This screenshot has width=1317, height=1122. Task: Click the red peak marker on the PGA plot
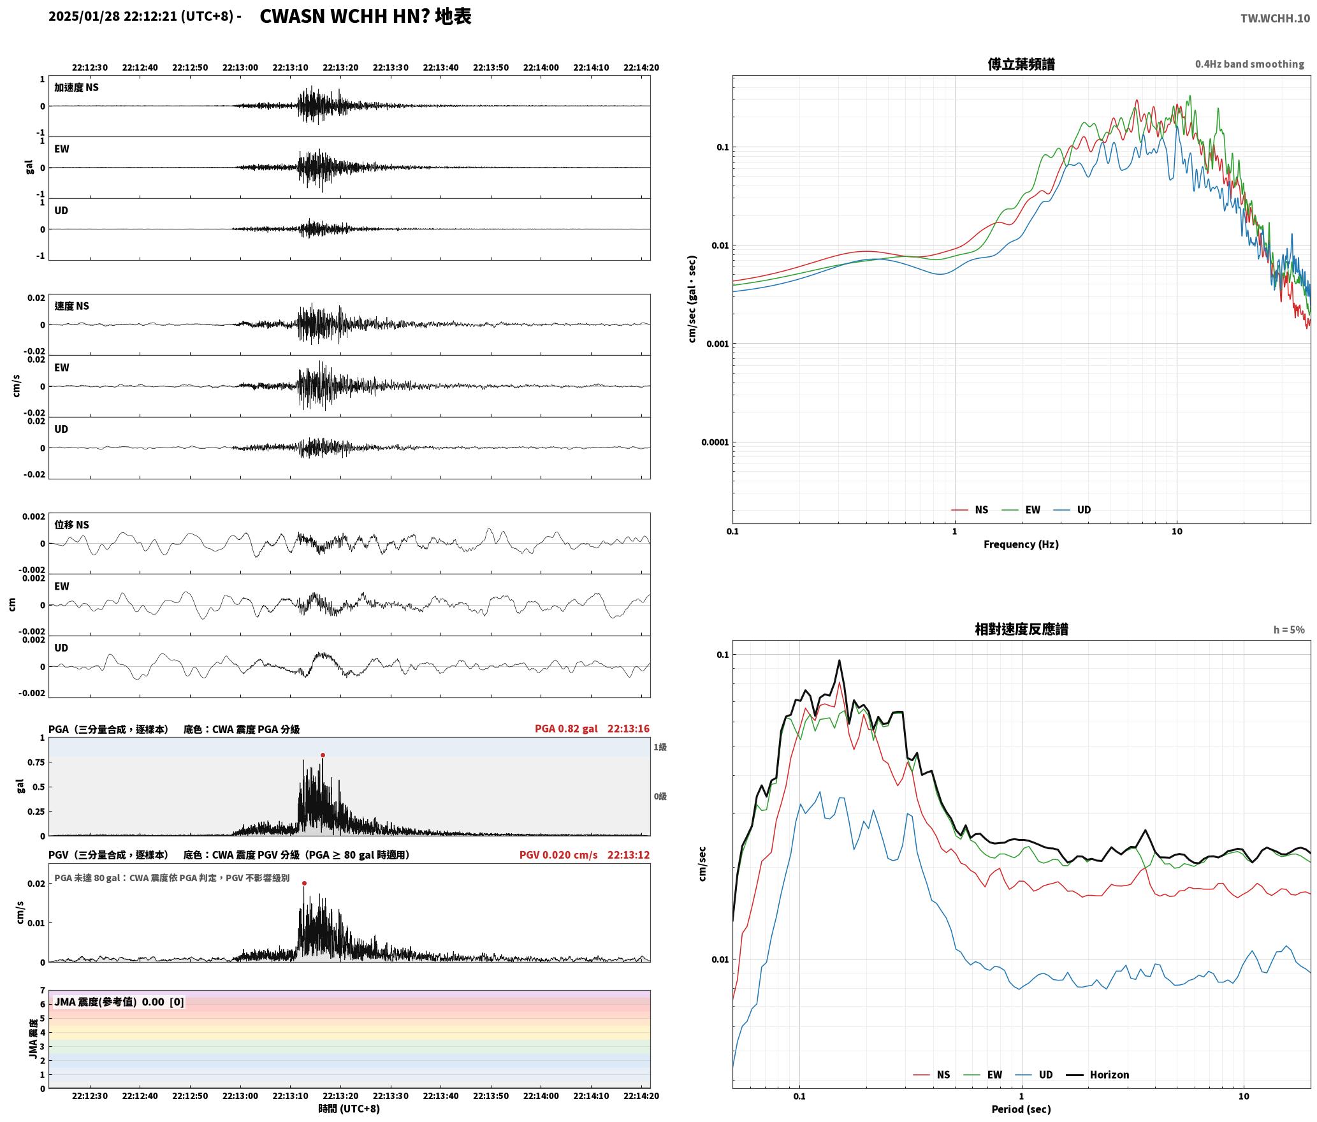coord(323,755)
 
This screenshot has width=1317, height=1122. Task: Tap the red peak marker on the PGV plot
coord(304,884)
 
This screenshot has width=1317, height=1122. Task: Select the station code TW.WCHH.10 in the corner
coord(1275,18)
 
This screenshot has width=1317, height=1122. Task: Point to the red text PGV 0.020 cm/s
coord(558,855)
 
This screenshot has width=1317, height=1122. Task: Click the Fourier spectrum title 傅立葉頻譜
coord(1021,64)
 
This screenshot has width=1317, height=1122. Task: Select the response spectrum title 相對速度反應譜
coord(1021,629)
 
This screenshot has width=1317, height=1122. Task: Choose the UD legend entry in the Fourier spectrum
coord(1072,510)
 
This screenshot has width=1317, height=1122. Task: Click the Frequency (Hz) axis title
coord(1021,544)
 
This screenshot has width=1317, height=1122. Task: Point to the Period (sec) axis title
coord(1021,1109)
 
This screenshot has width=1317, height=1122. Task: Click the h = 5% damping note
coord(1289,630)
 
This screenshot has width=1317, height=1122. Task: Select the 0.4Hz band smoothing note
coord(1249,64)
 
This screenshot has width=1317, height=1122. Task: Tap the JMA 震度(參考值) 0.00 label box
coord(119,1002)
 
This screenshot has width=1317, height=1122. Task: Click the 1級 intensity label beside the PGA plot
coord(660,747)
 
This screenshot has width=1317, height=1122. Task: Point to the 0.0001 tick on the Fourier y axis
coord(715,442)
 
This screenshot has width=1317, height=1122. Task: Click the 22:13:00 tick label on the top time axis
coord(240,68)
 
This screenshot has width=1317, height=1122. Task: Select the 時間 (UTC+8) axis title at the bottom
coord(349,1109)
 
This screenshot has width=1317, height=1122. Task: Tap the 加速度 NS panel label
coord(76,87)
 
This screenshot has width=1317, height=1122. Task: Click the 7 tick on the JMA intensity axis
coord(43,991)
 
